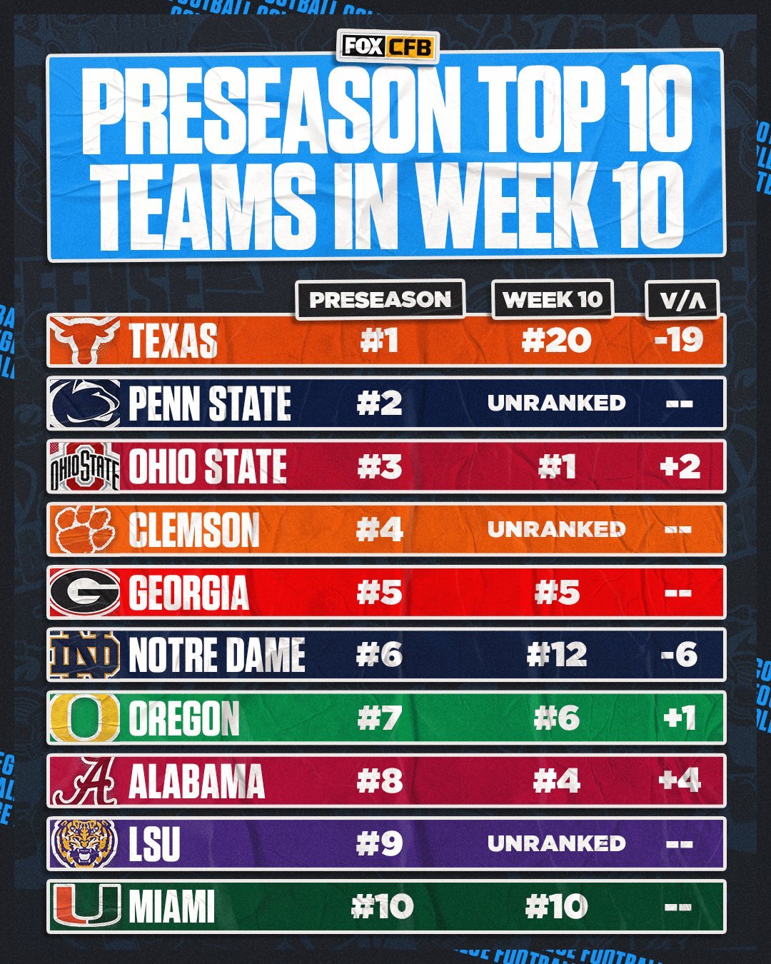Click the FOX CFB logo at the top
[387, 46]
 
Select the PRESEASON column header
[380, 299]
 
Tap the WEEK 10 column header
[553, 299]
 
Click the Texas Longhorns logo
[84, 341]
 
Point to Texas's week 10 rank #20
[556, 340]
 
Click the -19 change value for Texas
[679, 340]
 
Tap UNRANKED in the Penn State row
[556, 403]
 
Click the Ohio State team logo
[84, 466]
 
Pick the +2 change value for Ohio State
[680, 466]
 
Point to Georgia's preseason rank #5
[379, 593]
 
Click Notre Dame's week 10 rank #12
[556, 655]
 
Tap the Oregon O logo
[84, 718]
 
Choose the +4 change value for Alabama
[680, 780]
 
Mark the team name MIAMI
[171, 907]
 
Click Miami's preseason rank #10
[382, 907]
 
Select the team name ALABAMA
[196, 781]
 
